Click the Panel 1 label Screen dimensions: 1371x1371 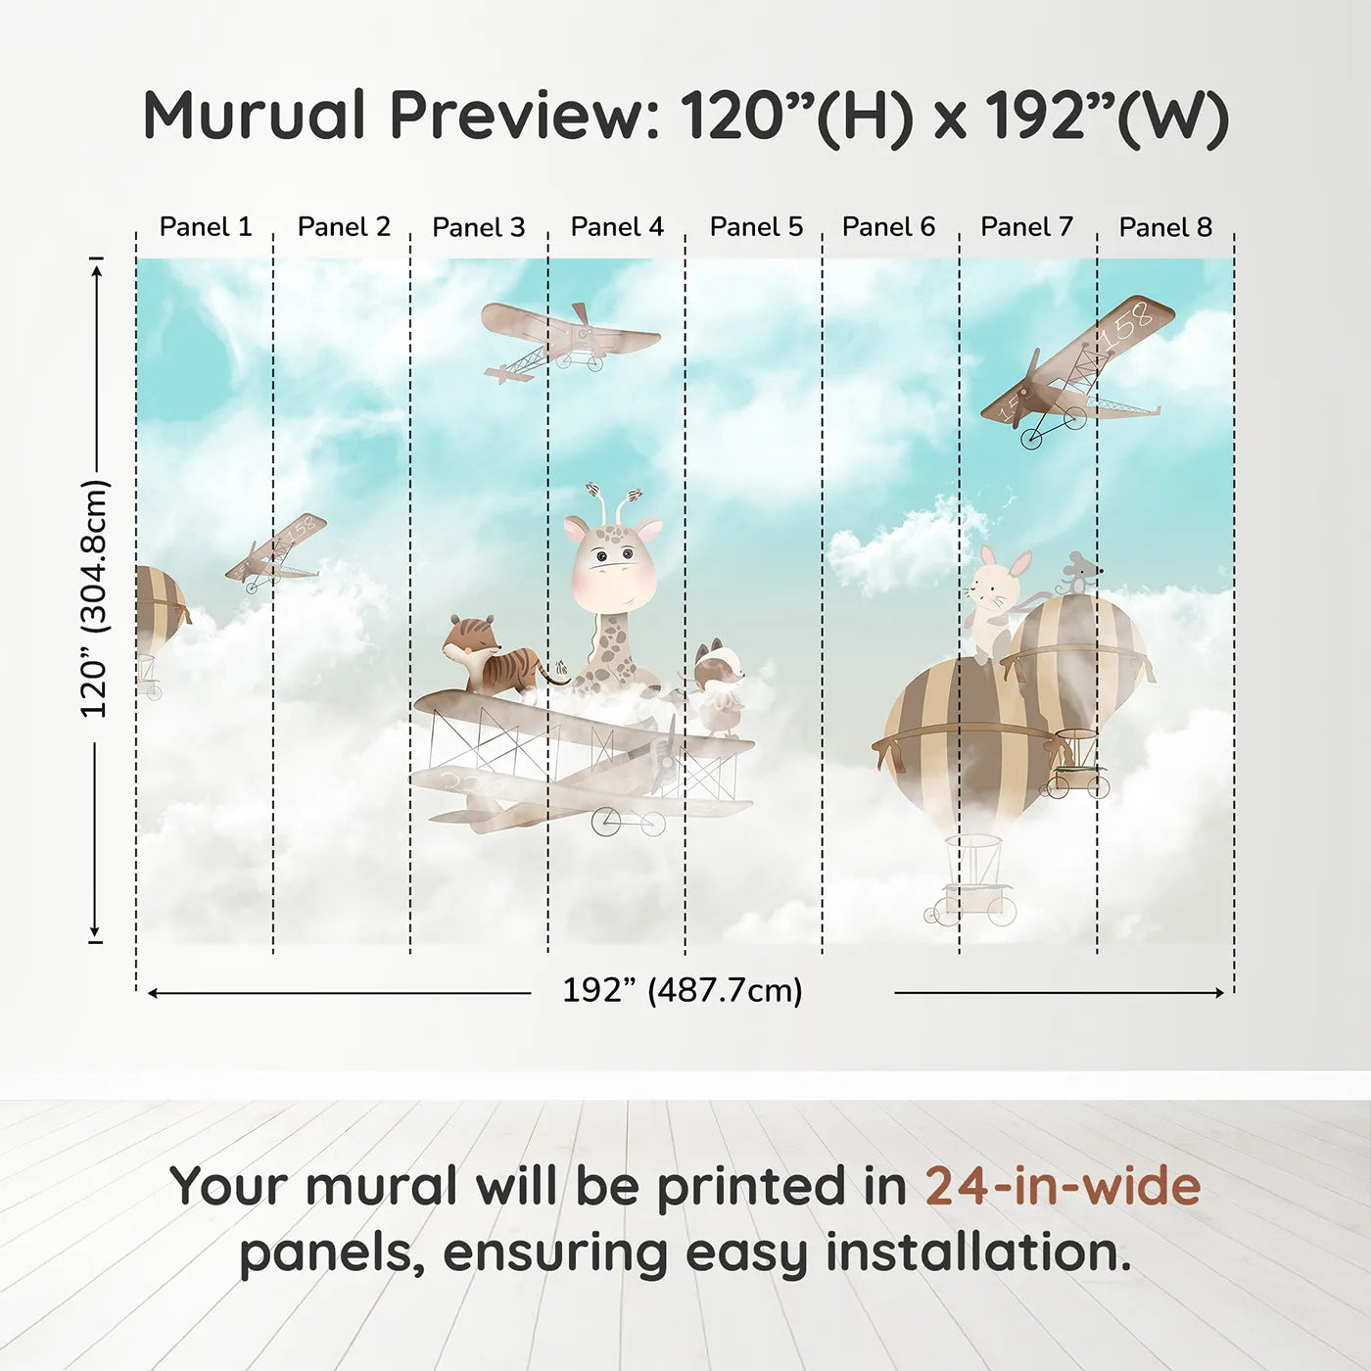click(206, 227)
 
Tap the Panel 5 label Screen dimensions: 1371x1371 click(756, 227)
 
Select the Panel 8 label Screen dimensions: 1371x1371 click(1165, 227)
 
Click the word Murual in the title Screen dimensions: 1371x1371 click(254, 116)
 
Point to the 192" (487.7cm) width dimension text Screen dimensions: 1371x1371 click(683, 990)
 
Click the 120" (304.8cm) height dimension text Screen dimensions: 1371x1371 click(95, 598)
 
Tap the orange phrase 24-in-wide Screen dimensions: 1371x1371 click(1063, 1186)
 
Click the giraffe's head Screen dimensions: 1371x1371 click(613, 562)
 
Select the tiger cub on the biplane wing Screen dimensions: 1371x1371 click(498, 655)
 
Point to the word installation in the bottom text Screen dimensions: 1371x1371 click(978, 1253)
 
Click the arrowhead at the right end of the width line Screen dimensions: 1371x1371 click(1219, 992)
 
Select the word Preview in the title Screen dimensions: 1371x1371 click(518, 116)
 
